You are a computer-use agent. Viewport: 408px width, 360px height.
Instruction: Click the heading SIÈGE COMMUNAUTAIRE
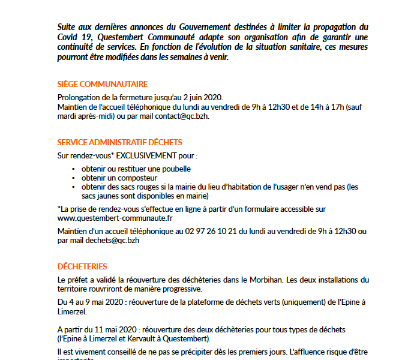pos(102,84)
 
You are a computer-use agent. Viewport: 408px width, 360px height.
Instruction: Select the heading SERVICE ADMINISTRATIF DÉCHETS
pos(119,142)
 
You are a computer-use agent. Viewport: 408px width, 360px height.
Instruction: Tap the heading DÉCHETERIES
pos(82,266)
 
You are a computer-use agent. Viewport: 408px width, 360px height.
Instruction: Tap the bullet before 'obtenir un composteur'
pos(73,178)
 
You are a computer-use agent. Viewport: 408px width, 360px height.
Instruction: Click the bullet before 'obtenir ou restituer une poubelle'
pos(73,170)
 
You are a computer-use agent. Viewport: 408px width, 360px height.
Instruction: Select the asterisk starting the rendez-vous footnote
pos(59,208)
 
